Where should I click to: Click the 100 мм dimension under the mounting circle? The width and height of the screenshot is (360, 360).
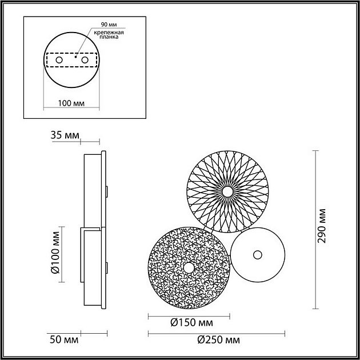point(71,103)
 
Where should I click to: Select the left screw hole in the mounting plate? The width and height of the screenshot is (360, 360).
point(59,60)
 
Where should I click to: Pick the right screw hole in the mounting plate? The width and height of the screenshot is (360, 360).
point(85,60)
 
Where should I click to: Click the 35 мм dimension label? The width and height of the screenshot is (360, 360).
point(65,136)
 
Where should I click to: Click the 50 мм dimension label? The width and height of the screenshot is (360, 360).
point(63,340)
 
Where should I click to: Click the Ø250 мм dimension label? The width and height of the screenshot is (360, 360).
point(219,340)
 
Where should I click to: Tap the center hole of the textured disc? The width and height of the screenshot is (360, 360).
point(189,267)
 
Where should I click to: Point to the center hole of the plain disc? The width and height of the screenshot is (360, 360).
point(258,254)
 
